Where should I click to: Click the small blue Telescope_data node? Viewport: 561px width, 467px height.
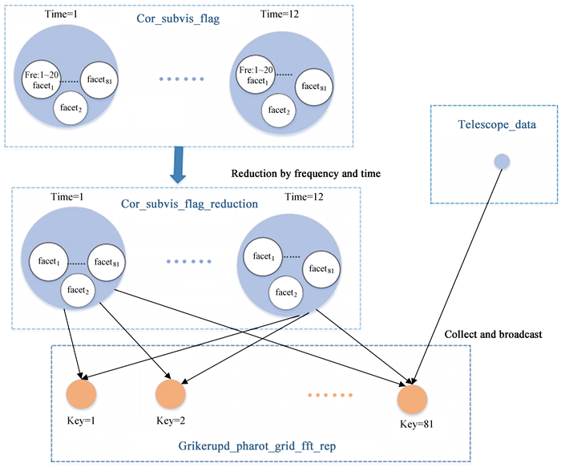coord(501,162)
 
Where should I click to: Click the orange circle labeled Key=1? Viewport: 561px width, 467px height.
coord(81,395)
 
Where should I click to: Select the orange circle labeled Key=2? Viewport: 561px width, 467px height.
coord(170,395)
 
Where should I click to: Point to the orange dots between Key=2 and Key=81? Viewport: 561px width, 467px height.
coord(329,395)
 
